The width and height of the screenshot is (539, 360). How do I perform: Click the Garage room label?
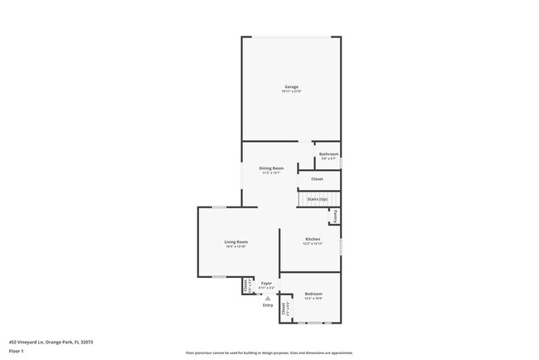[291, 86]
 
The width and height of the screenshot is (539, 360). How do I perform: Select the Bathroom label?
[329, 154]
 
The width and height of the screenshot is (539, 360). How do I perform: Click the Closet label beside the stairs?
[317, 179]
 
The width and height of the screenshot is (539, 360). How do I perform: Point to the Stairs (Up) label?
[317, 199]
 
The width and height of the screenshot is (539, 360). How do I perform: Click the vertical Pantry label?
[335, 216]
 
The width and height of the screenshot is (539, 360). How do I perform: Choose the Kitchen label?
[312, 239]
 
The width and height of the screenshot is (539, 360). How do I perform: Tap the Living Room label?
[236, 242]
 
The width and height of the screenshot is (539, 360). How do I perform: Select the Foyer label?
[267, 284]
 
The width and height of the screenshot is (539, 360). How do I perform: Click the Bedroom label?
[313, 294]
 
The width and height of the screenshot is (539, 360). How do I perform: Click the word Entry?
[268, 305]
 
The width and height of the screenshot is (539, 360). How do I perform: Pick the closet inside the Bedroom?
[284, 309]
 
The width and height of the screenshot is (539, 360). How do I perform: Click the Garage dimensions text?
[291, 91]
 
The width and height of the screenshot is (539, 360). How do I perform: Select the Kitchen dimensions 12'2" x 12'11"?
[312, 244]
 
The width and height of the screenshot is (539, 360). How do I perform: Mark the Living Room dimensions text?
[236, 247]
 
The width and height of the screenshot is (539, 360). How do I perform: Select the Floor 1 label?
[17, 351]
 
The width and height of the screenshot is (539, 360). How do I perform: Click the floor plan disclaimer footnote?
[269, 352]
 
